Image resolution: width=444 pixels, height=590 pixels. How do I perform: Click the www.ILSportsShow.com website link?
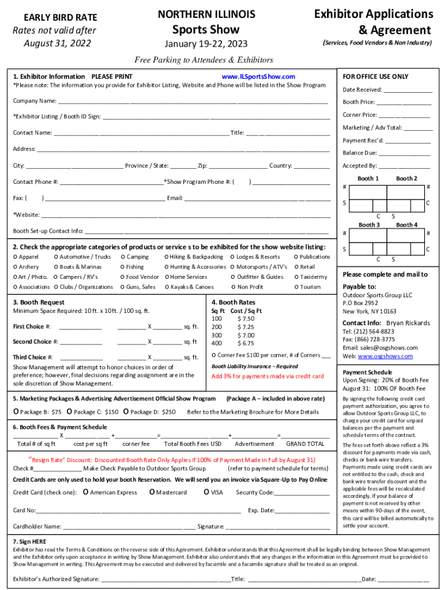(258, 77)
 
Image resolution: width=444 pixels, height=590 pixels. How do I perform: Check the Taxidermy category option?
(296, 277)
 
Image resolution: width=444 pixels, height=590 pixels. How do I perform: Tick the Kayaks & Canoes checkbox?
(167, 287)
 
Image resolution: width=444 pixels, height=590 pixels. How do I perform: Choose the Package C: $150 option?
(69, 412)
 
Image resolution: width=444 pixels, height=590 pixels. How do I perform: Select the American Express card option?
(86, 493)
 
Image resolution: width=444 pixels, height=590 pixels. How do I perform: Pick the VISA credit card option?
(206, 493)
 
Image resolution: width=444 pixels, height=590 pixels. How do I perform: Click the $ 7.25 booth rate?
(246, 327)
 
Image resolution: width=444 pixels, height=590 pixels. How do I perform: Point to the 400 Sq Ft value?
(217, 343)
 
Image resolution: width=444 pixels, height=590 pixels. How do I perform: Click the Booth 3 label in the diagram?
(368, 225)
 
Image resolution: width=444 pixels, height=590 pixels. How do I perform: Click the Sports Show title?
(206, 29)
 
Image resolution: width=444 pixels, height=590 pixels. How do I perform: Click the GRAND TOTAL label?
(305, 444)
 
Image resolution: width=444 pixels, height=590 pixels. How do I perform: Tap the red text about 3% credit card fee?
(268, 376)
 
